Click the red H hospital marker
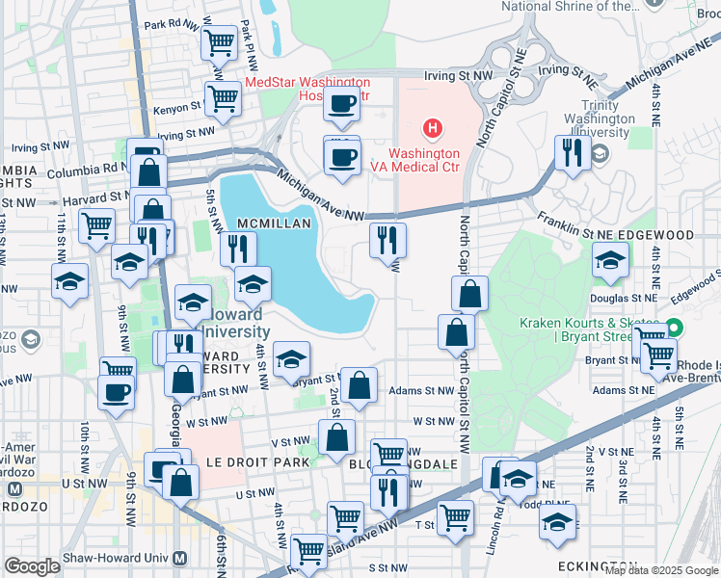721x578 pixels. point(433,128)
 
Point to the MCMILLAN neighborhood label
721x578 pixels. point(275,223)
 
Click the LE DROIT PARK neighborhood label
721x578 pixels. point(258,462)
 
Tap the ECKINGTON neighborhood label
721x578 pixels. point(599,565)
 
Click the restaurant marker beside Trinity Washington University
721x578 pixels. point(573,152)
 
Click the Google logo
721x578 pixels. point(32,566)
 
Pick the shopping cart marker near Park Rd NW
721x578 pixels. point(220,42)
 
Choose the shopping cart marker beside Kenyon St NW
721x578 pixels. point(223,97)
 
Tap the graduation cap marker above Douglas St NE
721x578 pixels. point(609,260)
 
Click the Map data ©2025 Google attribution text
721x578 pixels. point(661,570)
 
